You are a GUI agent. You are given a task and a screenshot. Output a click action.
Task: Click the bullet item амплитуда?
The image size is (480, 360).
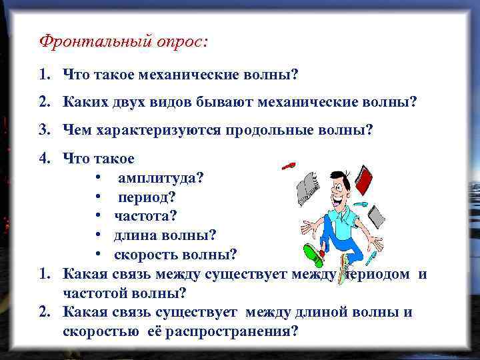161,179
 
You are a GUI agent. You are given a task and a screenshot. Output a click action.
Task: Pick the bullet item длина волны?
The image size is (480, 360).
165,235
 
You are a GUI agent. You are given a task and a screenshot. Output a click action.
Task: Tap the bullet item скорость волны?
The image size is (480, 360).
175,254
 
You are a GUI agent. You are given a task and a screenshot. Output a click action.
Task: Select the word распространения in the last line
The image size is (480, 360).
226,331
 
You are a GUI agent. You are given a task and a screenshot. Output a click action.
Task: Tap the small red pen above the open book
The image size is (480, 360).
289,165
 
